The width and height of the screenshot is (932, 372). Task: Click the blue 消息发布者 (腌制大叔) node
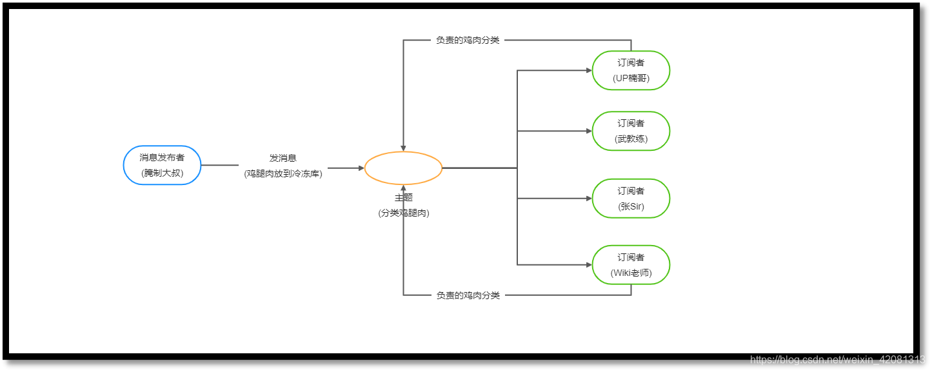[162, 165]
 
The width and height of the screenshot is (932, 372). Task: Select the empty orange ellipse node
[403, 168]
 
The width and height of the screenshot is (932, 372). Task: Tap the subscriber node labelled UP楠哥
[631, 70]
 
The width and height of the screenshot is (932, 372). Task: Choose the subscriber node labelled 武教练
[631, 131]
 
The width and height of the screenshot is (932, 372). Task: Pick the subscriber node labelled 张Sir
[631, 199]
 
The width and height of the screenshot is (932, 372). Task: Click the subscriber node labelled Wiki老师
[631, 265]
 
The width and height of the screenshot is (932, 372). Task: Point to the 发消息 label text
[283, 158]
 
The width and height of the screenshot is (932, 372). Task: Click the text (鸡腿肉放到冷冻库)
[283, 173]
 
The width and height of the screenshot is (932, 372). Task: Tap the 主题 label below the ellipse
[403, 198]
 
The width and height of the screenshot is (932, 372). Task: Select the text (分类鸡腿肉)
[403, 213]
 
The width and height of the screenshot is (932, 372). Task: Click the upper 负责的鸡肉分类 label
[468, 40]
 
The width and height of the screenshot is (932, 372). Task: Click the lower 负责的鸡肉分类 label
[468, 295]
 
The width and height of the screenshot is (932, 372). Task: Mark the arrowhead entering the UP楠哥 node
[588, 70]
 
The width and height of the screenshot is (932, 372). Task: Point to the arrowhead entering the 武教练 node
[588, 131]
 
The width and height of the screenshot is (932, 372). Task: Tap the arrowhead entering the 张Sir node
[588, 199]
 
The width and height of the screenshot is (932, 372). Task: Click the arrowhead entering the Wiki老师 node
[588, 265]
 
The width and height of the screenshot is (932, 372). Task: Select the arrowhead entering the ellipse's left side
[361, 168]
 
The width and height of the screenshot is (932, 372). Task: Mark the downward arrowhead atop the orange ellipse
[403, 148]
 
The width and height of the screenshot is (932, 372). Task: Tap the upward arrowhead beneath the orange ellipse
[403, 188]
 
